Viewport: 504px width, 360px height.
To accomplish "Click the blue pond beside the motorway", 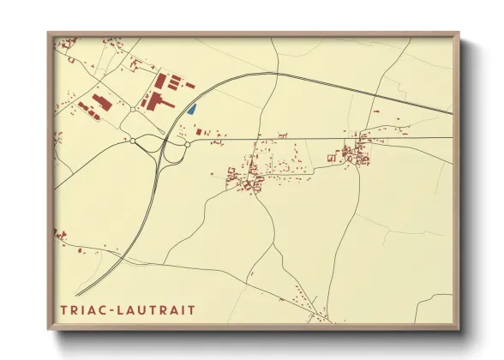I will [193, 109].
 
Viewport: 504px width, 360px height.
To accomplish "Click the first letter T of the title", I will [63, 309].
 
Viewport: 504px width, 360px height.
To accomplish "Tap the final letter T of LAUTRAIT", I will [191, 309].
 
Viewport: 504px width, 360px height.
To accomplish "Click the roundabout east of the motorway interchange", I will [187, 144].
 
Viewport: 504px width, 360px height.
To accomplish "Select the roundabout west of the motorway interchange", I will [133, 141].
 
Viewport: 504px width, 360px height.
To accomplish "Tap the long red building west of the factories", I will [102, 102].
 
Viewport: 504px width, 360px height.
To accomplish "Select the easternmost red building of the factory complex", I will [190, 86].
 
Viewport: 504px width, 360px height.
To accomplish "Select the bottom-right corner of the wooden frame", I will [459, 329].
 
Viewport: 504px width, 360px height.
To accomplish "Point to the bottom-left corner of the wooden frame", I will [49, 329].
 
